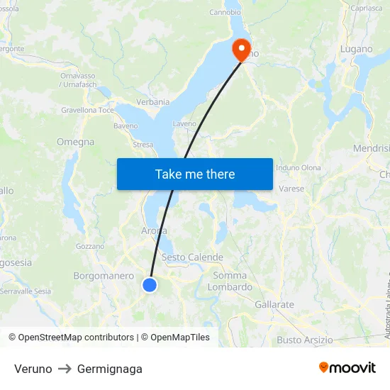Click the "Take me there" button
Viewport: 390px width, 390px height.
(195, 174)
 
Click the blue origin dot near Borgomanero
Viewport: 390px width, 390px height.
(150, 285)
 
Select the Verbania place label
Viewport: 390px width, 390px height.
(153, 102)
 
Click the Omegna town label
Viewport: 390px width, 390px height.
(75, 142)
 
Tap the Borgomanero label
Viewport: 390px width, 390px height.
(104, 276)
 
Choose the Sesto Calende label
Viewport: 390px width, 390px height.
(192, 257)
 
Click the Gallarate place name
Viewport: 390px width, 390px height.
(274, 304)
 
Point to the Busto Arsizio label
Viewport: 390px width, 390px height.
(304, 340)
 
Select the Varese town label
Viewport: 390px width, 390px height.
(291, 189)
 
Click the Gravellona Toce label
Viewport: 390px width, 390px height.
(87, 111)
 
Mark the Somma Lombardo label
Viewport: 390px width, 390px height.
(230, 282)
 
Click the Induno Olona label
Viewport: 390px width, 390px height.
(298, 168)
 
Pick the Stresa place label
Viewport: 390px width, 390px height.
(143, 145)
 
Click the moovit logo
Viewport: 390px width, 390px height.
(347, 367)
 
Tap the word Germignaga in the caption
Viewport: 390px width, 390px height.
(110, 369)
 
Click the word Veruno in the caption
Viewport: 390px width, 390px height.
(33, 369)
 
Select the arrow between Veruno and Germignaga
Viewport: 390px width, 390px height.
(65, 369)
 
